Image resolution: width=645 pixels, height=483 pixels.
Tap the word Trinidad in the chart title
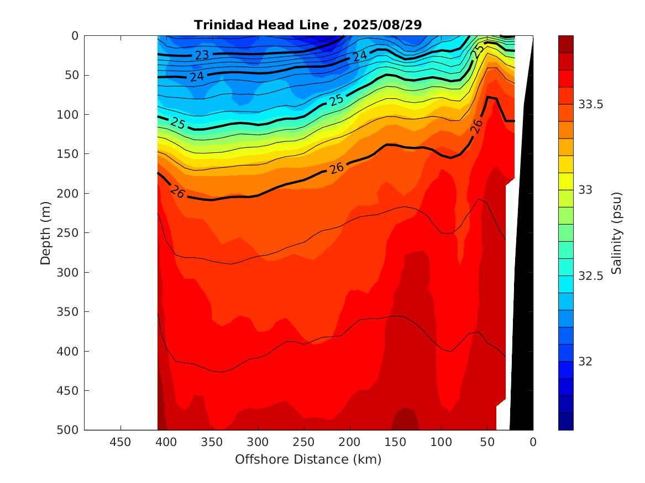coord(220,25)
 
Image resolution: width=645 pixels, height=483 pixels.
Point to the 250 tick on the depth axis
coord(69,233)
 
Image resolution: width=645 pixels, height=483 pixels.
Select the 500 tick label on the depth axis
coord(69,430)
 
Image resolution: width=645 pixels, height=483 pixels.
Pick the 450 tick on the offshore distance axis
coord(120,442)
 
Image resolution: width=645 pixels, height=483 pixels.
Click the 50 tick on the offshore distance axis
coord(487,442)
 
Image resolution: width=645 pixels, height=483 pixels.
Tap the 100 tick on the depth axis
coord(69,115)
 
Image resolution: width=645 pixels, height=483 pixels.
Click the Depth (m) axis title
coord(46,233)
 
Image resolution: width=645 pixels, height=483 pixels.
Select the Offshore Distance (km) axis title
coord(308,459)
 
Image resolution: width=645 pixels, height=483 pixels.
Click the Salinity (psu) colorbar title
coord(617,233)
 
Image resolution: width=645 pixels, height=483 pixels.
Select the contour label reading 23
coord(202,55)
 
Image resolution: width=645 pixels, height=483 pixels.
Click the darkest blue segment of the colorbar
coord(565,421)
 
